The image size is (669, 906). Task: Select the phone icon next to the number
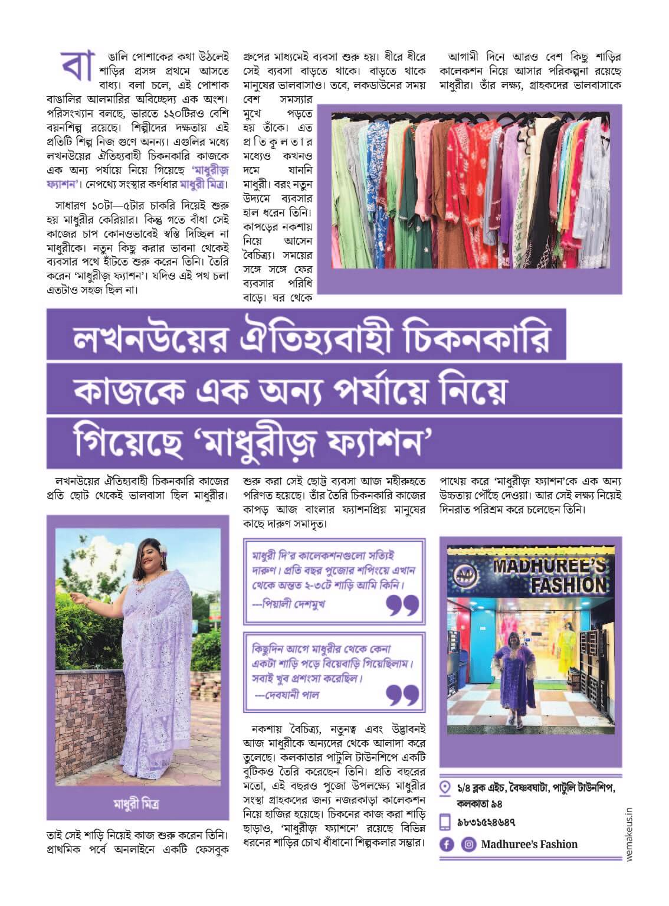coord(447,822)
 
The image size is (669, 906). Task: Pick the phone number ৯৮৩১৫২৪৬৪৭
coord(487,822)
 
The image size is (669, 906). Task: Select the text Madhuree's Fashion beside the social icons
coord(529,844)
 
